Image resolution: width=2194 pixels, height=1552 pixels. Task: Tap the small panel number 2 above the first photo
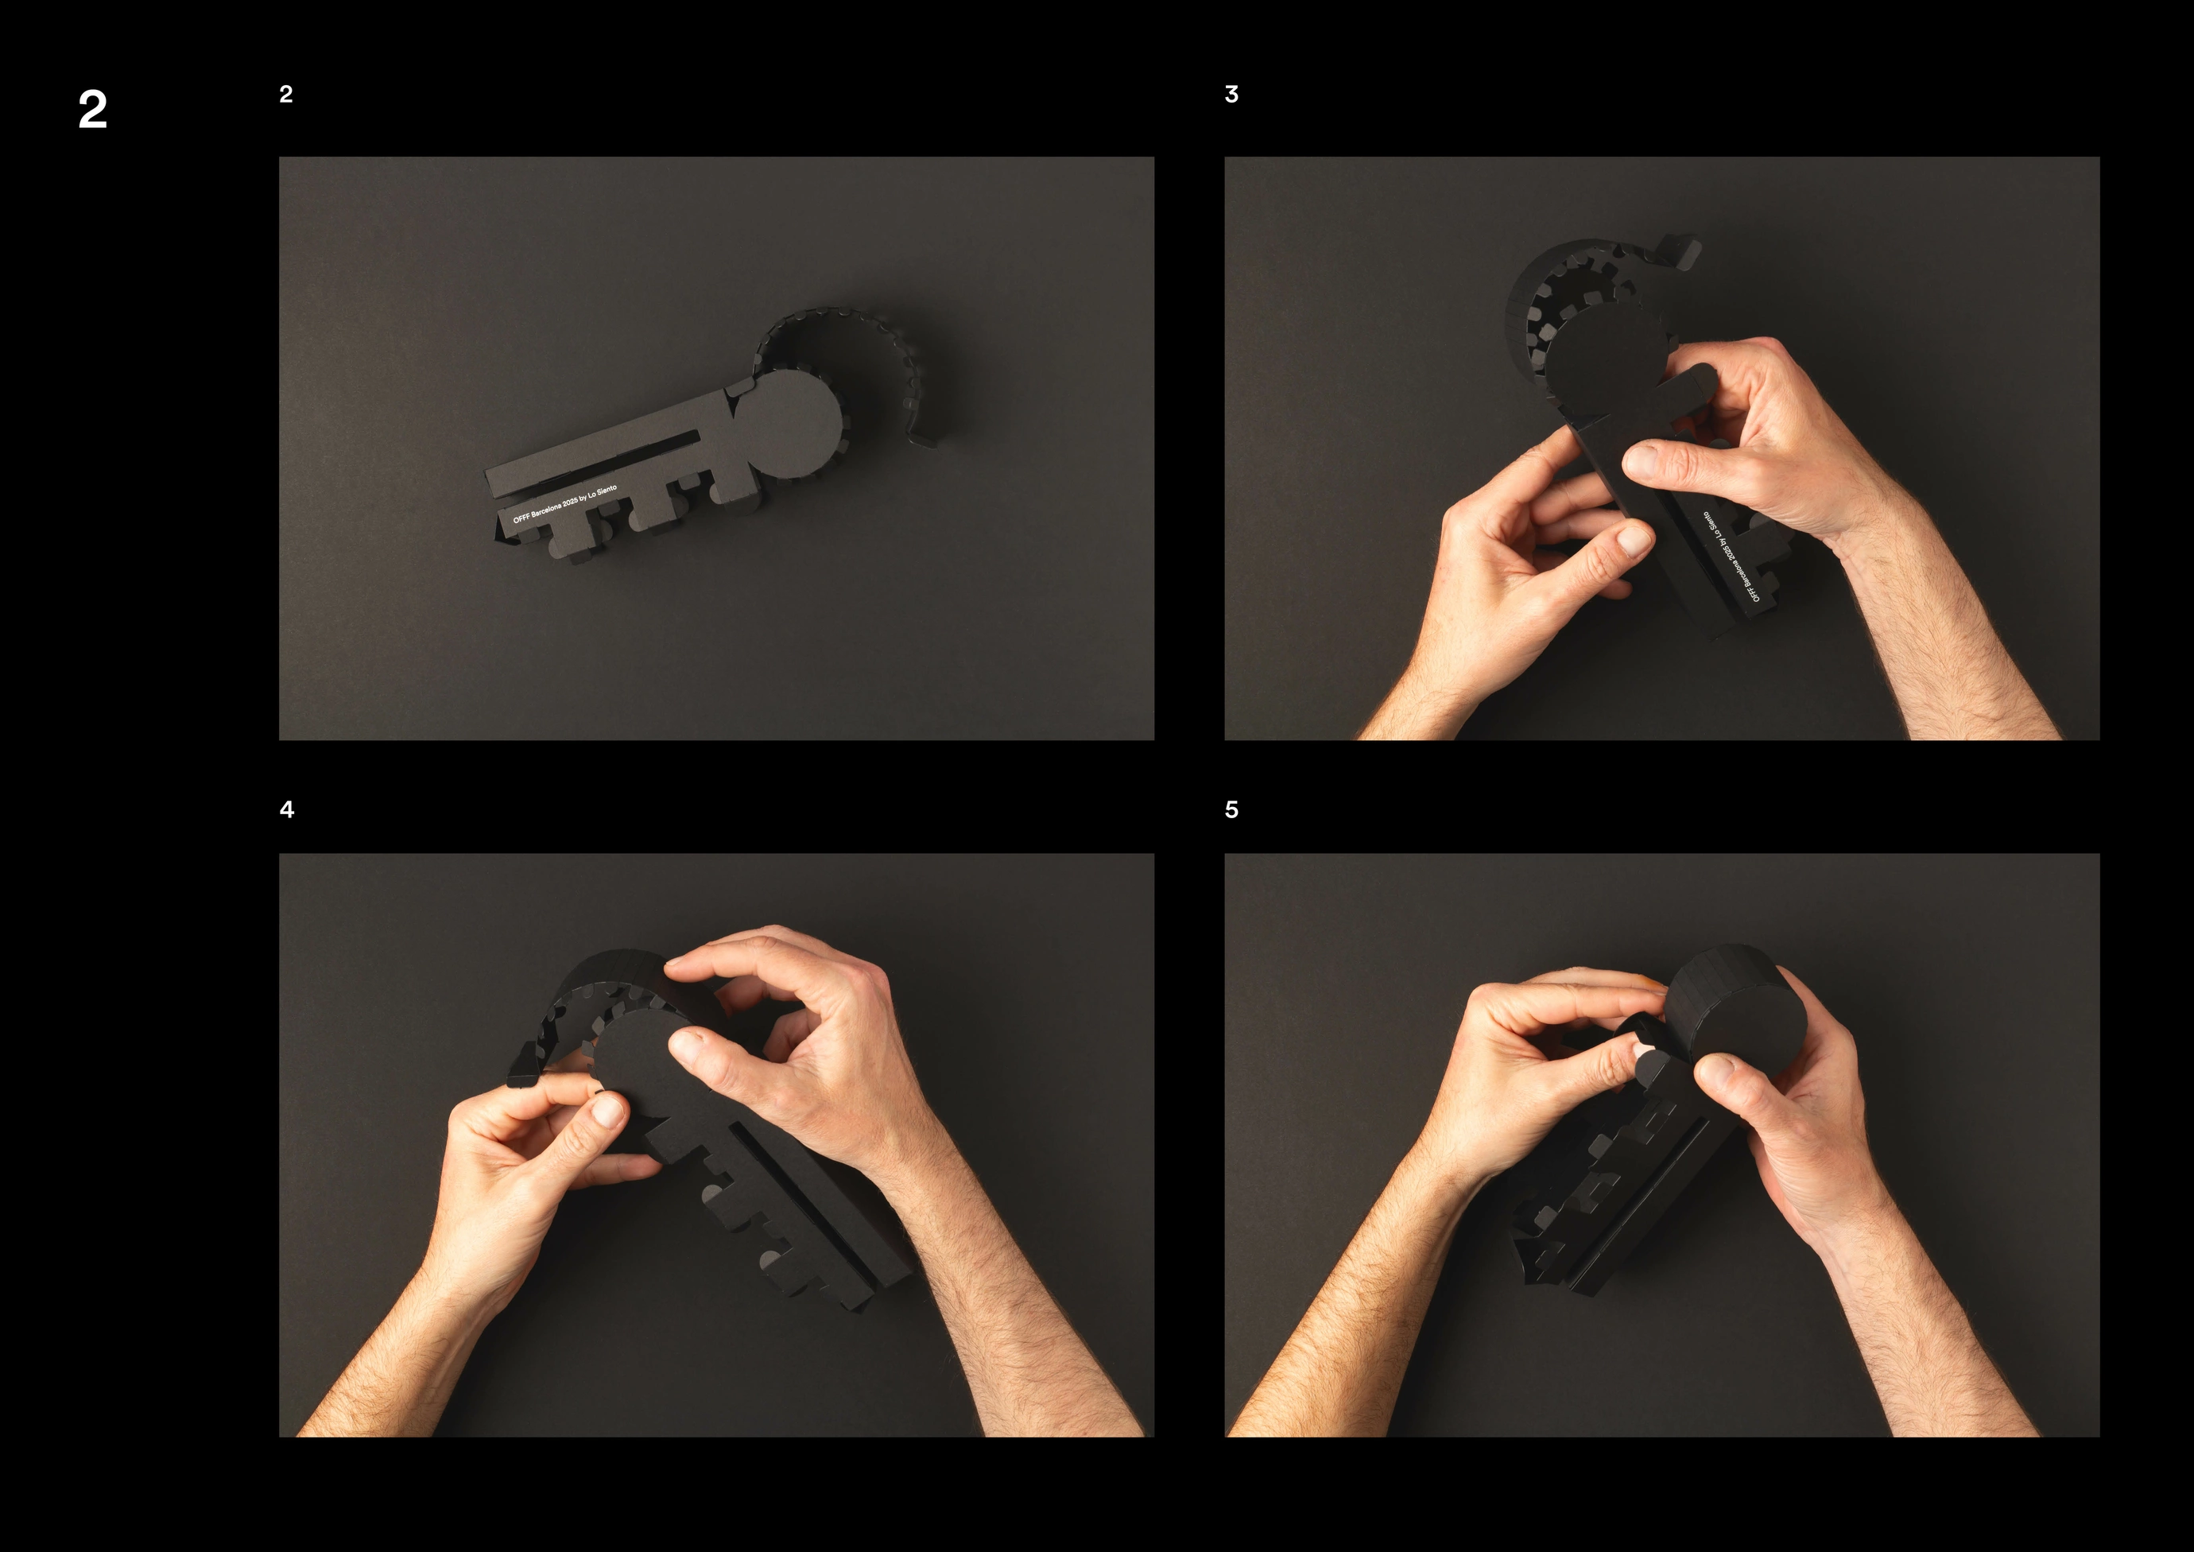[x=285, y=94]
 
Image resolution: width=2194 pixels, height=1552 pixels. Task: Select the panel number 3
[x=1231, y=94]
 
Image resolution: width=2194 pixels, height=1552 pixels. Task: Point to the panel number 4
[x=287, y=809]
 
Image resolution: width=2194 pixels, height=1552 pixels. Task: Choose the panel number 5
[x=1231, y=809]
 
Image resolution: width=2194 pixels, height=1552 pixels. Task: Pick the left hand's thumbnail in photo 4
[x=609, y=1109]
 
